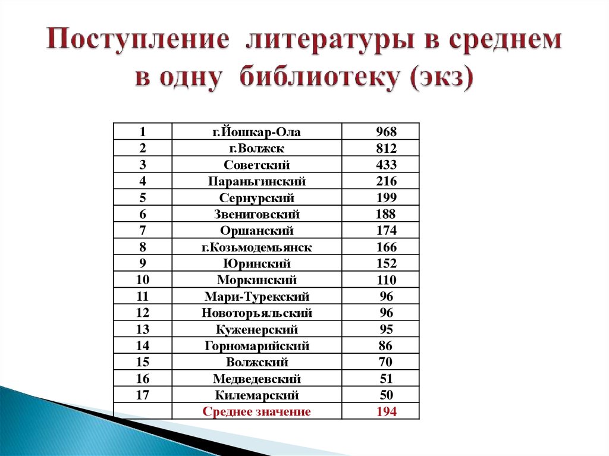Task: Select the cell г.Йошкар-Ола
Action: click(257, 132)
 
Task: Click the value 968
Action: click(386, 132)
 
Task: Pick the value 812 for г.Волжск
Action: click(386, 149)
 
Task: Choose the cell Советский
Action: click(257, 165)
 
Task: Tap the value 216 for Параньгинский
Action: click(386, 181)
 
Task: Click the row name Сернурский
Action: click(257, 198)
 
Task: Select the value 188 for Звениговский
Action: click(385, 214)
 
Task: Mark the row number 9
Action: click(143, 263)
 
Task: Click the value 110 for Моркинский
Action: click(386, 280)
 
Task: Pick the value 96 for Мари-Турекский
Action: click(387, 296)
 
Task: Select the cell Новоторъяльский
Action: click(257, 313)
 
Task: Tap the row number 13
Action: click(143, 329)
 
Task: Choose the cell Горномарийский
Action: click(257, 345)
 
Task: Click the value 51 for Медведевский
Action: click(387, 379)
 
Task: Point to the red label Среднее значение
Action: click(257, 411)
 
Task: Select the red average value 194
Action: click(386, 411)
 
